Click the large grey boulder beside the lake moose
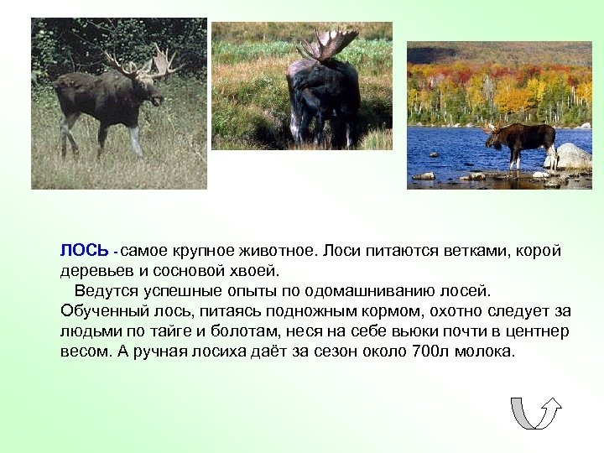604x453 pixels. pos(571,156)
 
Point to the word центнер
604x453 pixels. pos(541,331)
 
